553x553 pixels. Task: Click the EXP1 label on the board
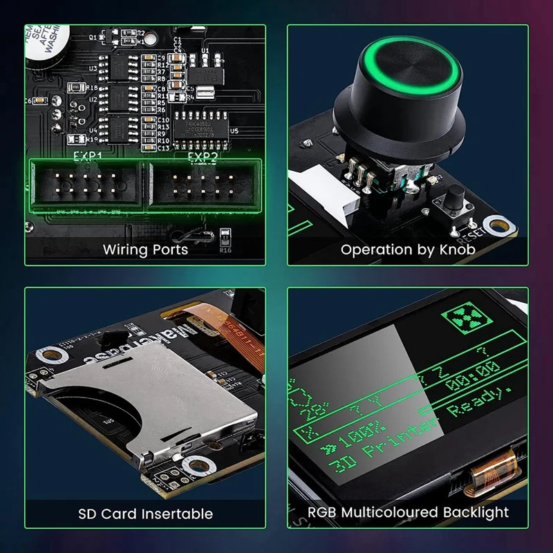tap(88, 157)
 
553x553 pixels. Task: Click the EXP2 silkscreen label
tap(203, 157)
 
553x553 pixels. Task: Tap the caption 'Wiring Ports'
tap(145, 250)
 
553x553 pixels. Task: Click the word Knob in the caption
tap(456, 250)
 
